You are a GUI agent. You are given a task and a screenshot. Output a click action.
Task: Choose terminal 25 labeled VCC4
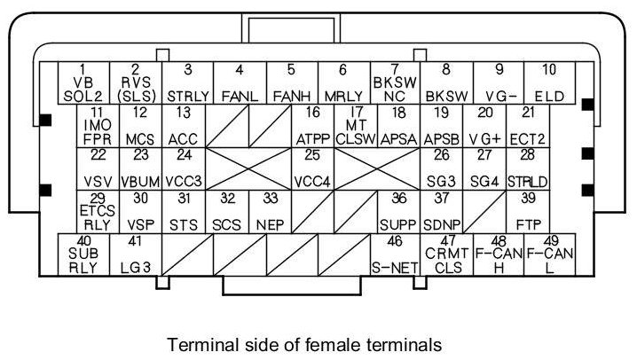312,168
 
